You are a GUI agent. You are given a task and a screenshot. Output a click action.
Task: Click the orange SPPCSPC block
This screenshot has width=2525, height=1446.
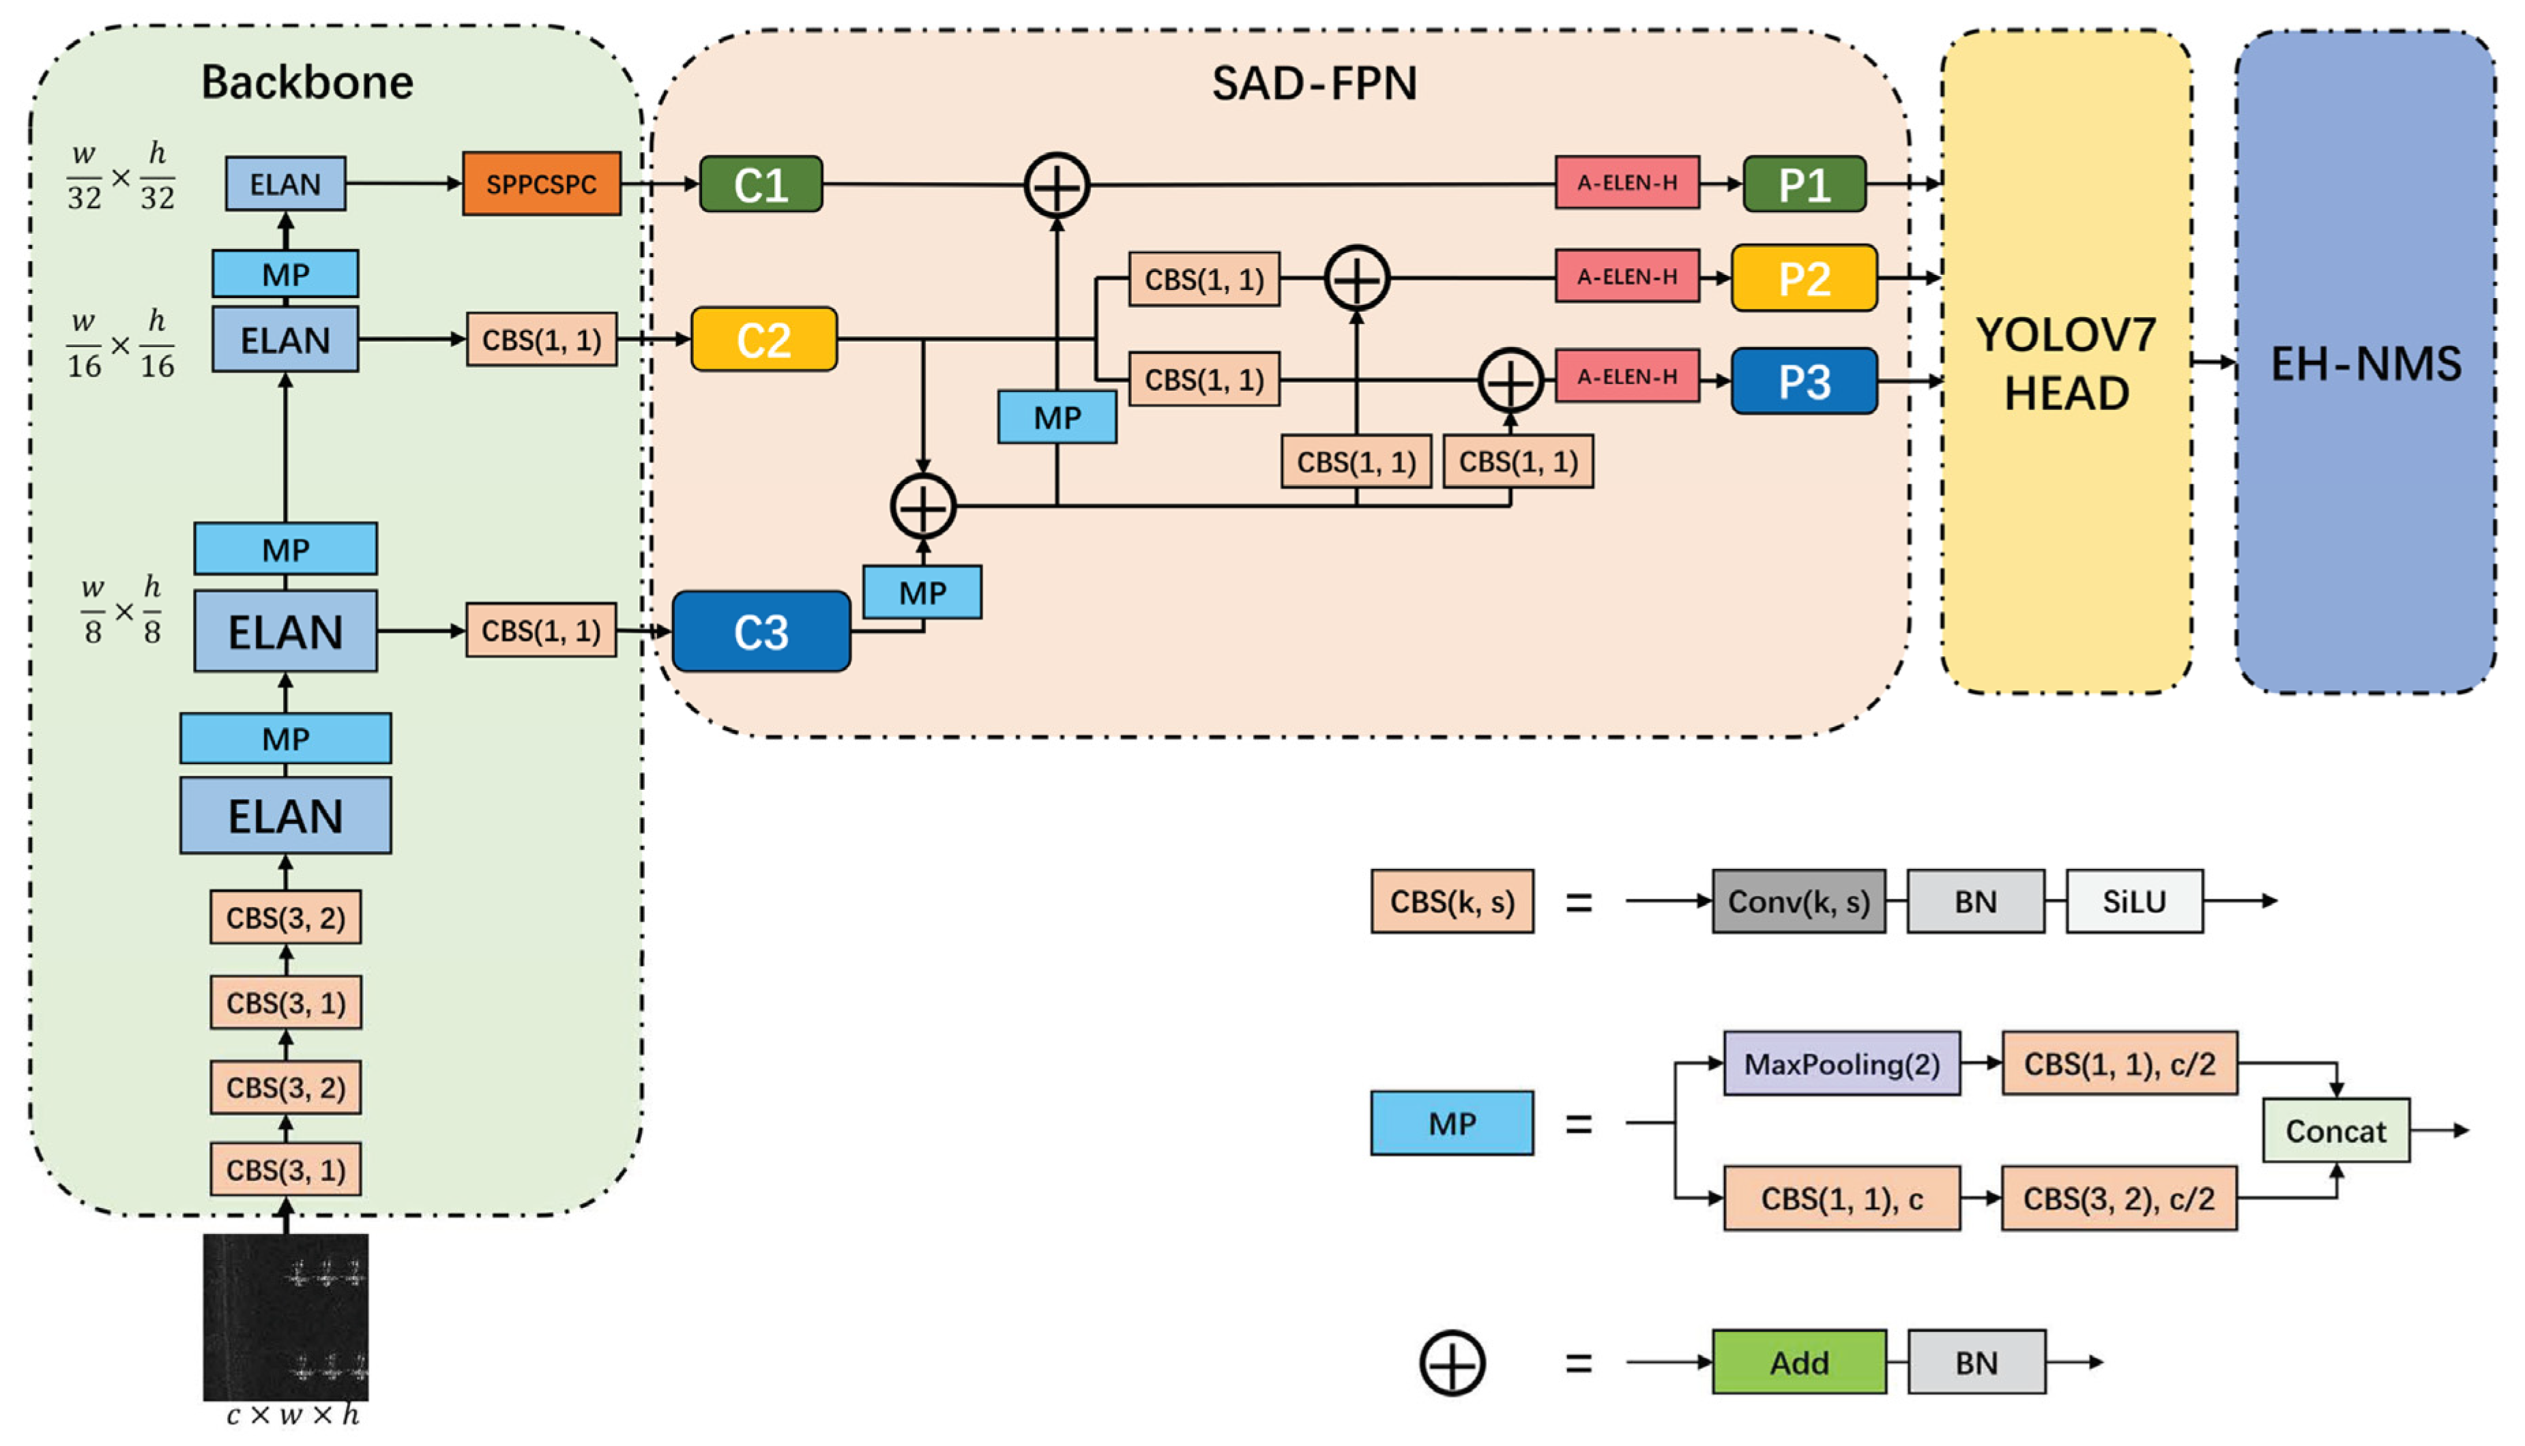541,183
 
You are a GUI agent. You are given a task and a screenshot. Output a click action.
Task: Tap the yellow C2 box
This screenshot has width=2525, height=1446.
764,340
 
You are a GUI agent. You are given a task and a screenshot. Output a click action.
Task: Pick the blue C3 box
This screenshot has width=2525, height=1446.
761,632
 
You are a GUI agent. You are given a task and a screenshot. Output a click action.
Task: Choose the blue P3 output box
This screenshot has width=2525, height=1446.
1804,381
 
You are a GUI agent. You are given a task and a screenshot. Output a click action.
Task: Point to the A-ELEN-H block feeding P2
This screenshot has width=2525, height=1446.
1627,277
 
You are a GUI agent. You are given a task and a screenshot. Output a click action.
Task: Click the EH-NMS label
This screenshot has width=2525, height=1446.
2366,364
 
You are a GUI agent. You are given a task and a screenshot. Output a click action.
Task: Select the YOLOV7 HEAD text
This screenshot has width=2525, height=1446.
2066,364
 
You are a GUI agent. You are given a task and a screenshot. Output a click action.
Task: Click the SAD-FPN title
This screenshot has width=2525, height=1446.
1314,83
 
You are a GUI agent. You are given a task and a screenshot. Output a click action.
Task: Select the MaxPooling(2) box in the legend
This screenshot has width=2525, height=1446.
1841,1063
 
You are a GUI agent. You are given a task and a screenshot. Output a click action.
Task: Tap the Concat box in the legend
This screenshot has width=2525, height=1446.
2335,1130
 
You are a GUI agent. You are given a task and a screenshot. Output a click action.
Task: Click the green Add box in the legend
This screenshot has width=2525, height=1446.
1799,1363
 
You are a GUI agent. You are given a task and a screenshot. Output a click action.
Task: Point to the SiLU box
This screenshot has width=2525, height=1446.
2133,902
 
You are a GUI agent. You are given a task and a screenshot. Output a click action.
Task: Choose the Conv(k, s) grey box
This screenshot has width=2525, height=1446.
1798,902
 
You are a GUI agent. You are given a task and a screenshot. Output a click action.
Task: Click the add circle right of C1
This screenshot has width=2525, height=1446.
1057,186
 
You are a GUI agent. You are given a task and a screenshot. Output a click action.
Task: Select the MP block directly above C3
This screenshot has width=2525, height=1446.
923,593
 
